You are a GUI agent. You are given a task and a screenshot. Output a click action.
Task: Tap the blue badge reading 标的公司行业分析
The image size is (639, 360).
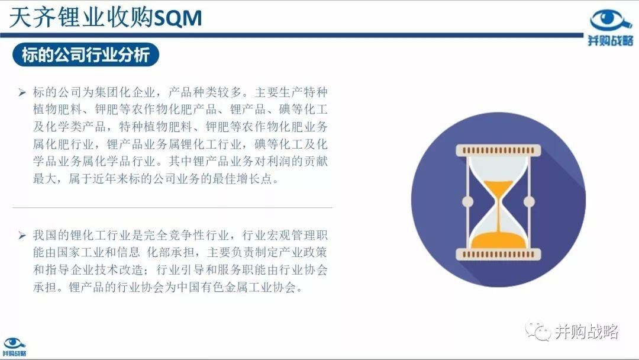click(86, 54)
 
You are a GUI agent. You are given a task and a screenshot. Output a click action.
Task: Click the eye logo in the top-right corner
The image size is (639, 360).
click(610, 21)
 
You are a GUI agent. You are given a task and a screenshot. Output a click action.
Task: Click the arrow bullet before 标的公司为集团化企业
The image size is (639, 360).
click(22, 92)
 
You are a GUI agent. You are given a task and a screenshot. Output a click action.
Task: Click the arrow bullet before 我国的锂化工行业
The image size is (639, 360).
click(22, 235)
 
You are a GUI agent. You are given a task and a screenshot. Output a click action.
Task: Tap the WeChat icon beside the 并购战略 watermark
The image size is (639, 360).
click(538, 330)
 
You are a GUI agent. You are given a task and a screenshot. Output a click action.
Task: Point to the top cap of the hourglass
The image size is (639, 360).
click(498, 150)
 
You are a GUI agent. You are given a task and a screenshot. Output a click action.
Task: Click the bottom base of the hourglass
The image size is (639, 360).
click(498, 254)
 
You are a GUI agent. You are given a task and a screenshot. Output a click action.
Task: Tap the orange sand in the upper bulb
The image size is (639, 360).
click(498, 188)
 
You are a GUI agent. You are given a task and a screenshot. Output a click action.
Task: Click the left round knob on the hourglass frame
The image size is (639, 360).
click(467, 201)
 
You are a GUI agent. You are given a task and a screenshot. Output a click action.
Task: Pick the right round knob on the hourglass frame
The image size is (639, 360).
click(529, 201)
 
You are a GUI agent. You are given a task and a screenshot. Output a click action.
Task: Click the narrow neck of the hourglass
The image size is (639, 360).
click(498, 202)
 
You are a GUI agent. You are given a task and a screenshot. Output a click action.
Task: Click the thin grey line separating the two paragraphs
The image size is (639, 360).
click(172, 207)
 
